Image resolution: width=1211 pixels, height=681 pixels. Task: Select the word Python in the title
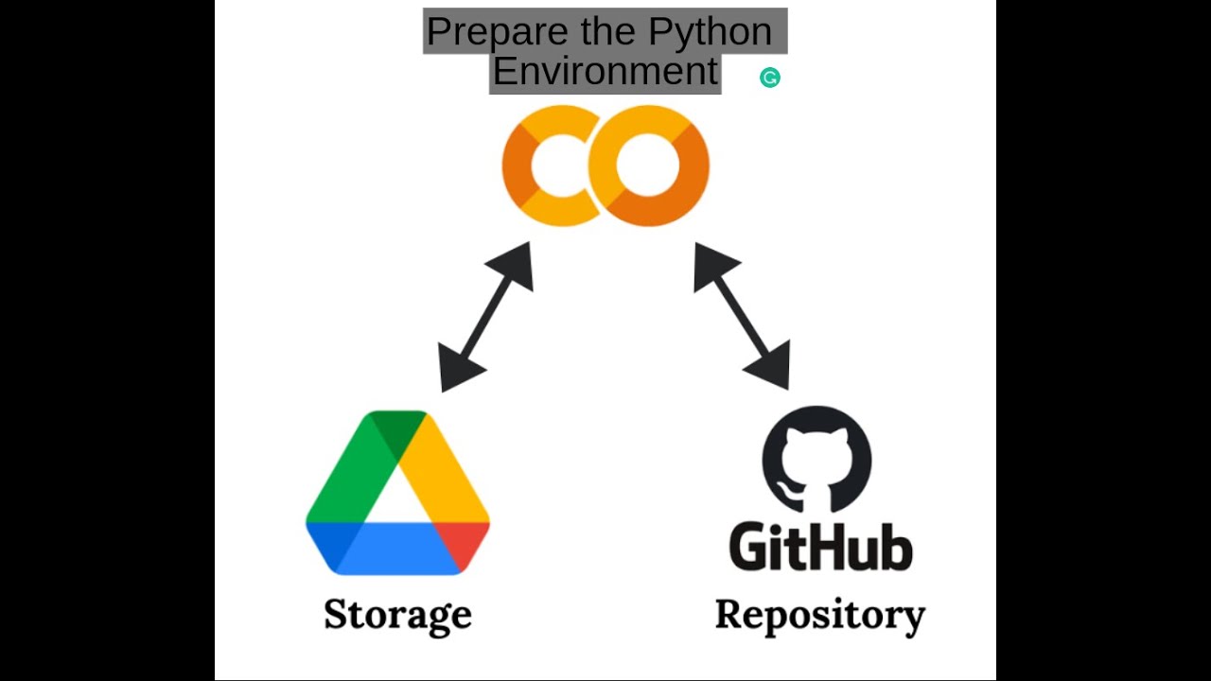coord(710,32)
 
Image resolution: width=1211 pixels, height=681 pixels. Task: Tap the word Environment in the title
coord(605,72)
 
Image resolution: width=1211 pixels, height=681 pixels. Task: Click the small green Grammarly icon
coord(770,78)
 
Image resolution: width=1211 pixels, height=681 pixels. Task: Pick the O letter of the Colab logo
coord(649,166)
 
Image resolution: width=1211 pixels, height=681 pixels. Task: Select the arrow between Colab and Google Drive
coord(486,316)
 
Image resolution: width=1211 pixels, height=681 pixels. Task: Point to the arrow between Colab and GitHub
coord(742,316)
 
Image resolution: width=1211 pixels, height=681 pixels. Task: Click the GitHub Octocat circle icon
coord(816,460)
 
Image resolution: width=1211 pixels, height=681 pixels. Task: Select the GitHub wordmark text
coord(820,547)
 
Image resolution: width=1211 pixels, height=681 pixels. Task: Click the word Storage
coord(397,615)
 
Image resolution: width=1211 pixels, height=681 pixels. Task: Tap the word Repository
coord(820,615)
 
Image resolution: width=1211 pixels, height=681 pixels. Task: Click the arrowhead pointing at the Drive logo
coord(457,370)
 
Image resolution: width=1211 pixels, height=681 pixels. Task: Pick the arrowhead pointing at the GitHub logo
coord(772,368)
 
